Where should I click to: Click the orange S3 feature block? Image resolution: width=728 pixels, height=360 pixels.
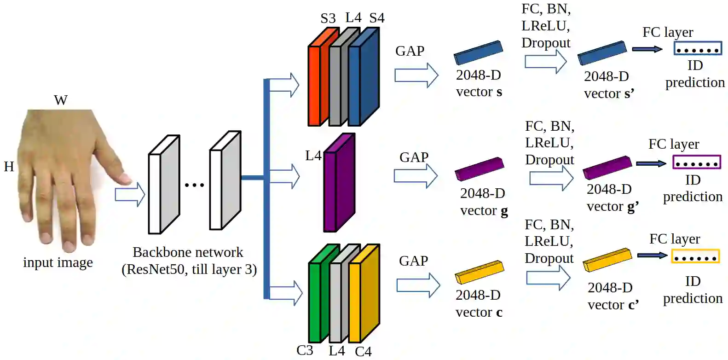(x=314, y=85)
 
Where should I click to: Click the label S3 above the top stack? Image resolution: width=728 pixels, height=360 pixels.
(x=328, y=18)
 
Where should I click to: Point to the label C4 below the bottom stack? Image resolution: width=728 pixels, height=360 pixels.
(x=363, y=352)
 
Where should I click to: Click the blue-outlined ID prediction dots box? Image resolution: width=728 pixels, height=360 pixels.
(x=698, y=49)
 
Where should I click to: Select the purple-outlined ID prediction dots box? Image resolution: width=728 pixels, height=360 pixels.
(x=696, y=163)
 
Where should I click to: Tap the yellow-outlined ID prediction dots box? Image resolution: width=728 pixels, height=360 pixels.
(x=695, y=257)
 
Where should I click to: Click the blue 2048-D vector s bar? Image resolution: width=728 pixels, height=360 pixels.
(x=478, y=52)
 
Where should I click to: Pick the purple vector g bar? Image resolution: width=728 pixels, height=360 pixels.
(x=479, y=169)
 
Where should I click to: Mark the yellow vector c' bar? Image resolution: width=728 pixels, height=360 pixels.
(x=607, y=260)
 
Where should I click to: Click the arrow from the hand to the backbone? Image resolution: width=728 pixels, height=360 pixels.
(x=130, y=195)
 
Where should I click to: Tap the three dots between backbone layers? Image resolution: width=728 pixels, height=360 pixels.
(x=194, y=185)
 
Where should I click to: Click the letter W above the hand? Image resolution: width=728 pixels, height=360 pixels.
(x=61, y=100)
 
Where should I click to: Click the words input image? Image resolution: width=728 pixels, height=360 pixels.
(x=58, y=262)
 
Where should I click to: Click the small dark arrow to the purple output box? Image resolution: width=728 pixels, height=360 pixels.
(x=651, y=163)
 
